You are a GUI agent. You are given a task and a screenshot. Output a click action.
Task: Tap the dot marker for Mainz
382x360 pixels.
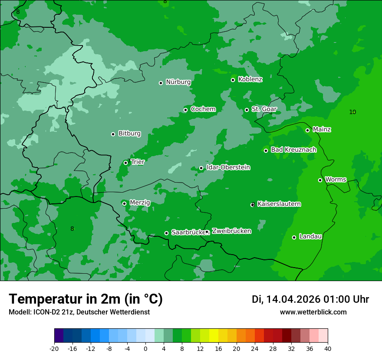307,130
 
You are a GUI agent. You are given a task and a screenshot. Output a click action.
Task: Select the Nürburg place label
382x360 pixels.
178,82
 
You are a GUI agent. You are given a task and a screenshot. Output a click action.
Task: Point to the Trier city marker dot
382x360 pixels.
126,163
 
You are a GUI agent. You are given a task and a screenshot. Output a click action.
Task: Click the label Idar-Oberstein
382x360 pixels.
228,167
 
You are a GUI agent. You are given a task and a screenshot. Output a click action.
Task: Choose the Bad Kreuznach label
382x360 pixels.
293,150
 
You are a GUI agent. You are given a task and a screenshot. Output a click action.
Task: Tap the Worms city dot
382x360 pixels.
320,180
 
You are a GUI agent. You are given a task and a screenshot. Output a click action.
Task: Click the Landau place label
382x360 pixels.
310,237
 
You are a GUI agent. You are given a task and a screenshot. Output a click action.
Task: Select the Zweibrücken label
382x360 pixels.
231,231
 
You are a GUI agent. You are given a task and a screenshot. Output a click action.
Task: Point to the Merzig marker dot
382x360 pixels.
124,203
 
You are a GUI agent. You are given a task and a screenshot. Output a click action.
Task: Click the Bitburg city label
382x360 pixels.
129,134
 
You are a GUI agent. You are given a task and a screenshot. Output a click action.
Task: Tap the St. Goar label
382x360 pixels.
264,109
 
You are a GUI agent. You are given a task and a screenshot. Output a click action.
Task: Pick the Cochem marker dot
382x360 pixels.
185,110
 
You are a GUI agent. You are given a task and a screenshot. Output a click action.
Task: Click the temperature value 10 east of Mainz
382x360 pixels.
352,112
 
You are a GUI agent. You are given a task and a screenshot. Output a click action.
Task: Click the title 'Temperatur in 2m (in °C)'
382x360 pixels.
86,299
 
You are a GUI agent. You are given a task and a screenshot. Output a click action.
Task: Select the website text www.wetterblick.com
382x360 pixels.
313,312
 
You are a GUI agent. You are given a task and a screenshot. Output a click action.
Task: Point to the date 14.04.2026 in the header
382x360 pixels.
293,299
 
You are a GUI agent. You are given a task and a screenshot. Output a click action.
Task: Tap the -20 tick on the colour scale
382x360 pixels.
54,349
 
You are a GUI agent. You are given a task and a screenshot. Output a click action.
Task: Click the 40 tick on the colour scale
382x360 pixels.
328,349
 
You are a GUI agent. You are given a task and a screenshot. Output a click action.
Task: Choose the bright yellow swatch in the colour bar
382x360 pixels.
214,335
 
